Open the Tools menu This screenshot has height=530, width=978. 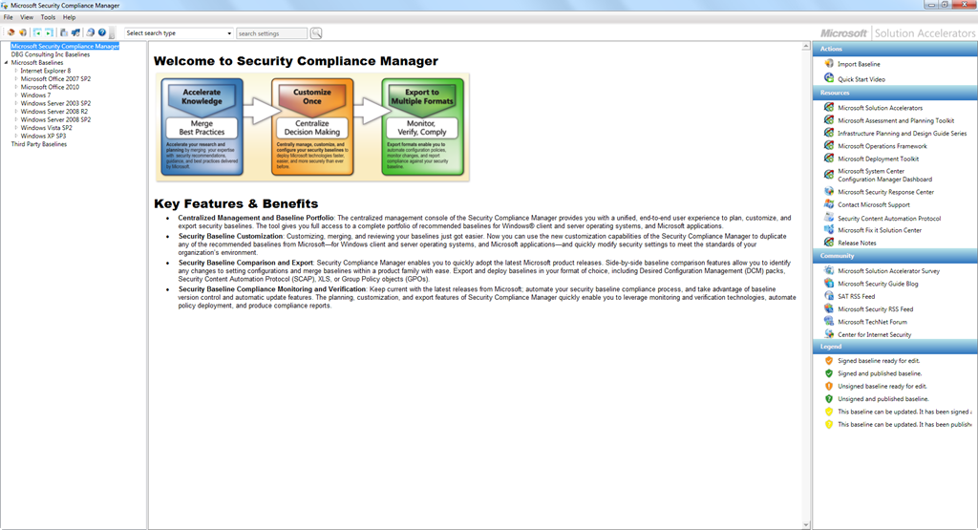coord(48,17)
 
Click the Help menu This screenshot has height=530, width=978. coord(69,17)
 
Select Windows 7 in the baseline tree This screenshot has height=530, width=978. coord(35,95)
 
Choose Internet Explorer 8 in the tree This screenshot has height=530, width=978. coord(46,71)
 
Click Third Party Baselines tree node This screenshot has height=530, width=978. coord(39,144)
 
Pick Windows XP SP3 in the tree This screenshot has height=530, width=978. coord(44,137)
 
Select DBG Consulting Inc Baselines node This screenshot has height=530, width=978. coord(51,54)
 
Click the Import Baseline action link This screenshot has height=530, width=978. coord(859,64)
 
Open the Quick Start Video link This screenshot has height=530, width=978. coord(861,79)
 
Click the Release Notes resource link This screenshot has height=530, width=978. coord(857,243)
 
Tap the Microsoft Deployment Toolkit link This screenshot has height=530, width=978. coord(878,159)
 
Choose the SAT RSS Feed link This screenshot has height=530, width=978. coord(856,296)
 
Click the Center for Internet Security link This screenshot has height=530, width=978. coord(874,334)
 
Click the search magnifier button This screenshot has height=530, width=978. coord(316,33)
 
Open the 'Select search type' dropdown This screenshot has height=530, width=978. coord(179,33)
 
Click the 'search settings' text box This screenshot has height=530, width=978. coord(272,33)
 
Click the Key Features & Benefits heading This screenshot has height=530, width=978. coord(236,203)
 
